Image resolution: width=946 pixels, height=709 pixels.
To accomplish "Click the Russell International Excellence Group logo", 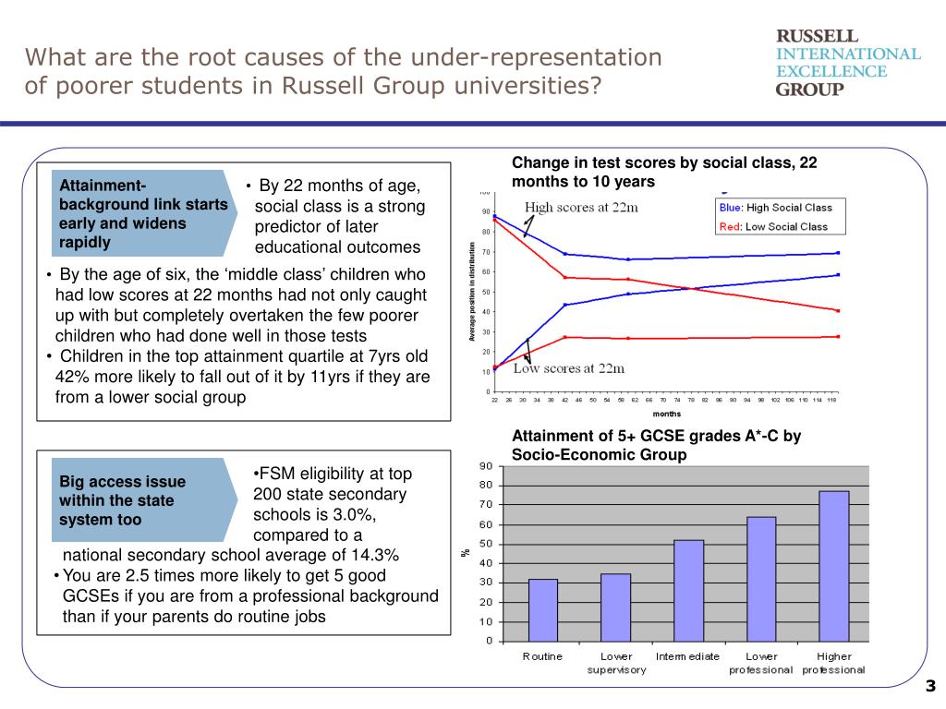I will pyautogui.click(x=847, y=63).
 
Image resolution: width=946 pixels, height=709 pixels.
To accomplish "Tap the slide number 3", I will pyautogui.click(x=930, y=686).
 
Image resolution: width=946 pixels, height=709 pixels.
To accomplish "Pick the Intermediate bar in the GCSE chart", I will pyautogui.click(x=688, y=590).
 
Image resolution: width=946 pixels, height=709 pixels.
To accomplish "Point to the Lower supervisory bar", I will pyautogui.click(x=615, y=607).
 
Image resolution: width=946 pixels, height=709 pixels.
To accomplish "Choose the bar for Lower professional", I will pyautogui.click(x=761, y=578).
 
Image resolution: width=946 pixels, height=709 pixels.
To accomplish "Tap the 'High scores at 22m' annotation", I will pyautogui.click(x=581, y=207).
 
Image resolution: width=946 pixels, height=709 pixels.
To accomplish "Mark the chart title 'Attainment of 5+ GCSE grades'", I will pyautogui.click(x=656, y=446).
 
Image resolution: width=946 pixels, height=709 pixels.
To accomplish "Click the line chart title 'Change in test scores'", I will pyautogui.click(x=664, y=172).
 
